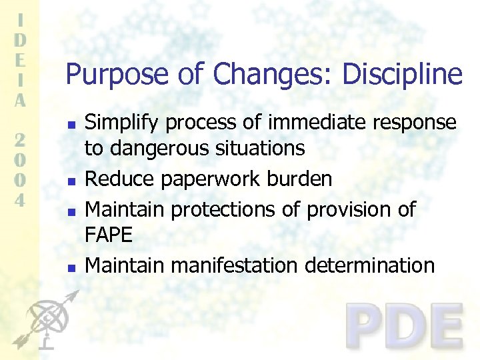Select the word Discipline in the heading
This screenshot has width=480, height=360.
click(x=402, y=74)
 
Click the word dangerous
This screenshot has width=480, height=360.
click(x=161, y=148)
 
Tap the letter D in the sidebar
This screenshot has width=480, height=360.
click(x=21, y=39)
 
